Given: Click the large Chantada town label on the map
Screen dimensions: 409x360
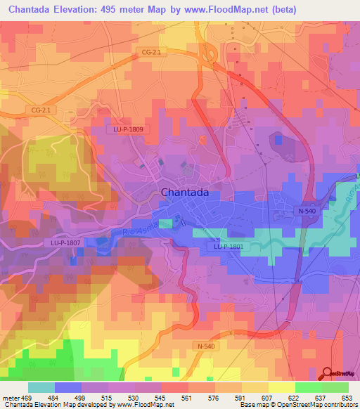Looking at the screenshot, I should (186, 192).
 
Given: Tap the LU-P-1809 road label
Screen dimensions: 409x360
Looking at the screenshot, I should (127, 129).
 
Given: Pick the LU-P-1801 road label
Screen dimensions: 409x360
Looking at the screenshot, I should (229, 247).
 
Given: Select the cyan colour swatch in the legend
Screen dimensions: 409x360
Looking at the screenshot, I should (41, 387).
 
